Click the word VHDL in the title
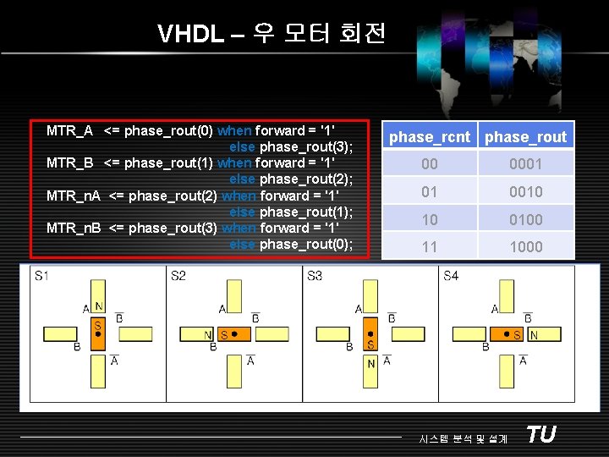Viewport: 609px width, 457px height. pyautogui.click(x=191, y=34)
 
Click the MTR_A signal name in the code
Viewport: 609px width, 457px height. pyautogui.click(x=69, y=130)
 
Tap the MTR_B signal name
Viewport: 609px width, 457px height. pyautogui.click(x=69, y=162)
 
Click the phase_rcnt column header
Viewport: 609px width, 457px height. pyautogui.click(x=430, y=137)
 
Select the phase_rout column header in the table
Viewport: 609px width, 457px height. pyautogui.click(x=526, y=137)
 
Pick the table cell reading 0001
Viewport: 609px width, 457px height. pyautogui.click(x=526, y=164)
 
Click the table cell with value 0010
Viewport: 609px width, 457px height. pyautogui.click(x=526, y=192)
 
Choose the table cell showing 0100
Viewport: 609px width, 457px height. pyautogui.click(x=526, y=220)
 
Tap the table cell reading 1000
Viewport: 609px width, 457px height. pyautogui.click(x=526, y=247)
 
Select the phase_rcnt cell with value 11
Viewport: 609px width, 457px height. pyautogui.click(x=430, y=247)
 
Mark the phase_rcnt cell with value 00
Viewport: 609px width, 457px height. pyautogui.click(x=430, y=164)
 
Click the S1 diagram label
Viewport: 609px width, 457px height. pyautogui.click(x=41, y=276)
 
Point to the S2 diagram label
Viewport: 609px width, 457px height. pyautogui.click(x=178, y=276)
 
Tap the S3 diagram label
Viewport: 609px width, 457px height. pyautogui.click(x=315, y=276)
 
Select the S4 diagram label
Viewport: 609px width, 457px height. pyautogui.click(x=452, y=276)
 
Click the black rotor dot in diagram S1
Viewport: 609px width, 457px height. pyautogui.click(x=98, y=334)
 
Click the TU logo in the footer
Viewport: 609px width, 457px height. pyautogui.click(x=540, y=434)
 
